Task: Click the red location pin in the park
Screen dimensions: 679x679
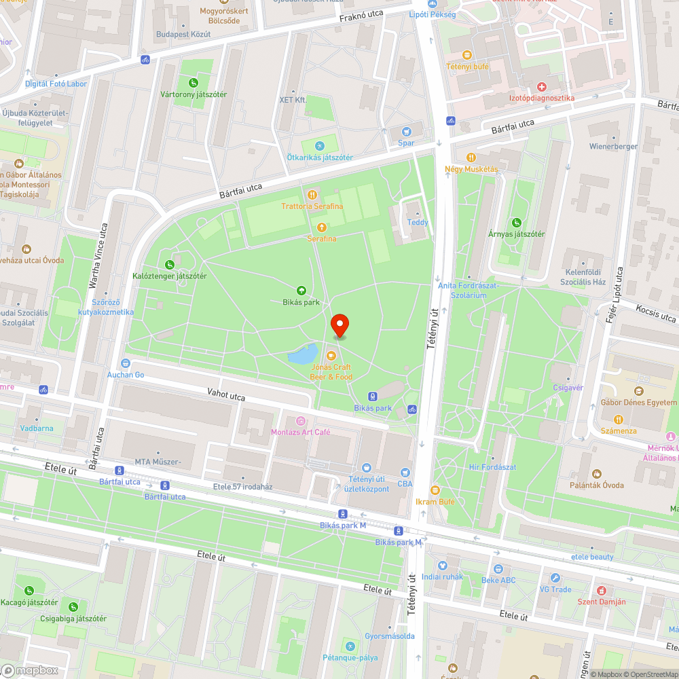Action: tap(339, 325)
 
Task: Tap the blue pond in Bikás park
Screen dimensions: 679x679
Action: tap(303, 354)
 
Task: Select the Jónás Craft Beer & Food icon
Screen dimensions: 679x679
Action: tap(331, 356)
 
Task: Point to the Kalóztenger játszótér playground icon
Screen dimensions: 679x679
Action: tap(169, 264)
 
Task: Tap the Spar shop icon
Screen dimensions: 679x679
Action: tap(406, 132)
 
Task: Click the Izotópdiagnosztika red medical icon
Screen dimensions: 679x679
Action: tap(542, 87)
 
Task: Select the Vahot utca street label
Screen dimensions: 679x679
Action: tap(226, 395)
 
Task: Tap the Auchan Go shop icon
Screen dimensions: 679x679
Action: tap(125, 363)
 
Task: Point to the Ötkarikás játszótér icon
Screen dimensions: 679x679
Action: tap(320, 146)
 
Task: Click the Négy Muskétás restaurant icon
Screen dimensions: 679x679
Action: tap(471, 158)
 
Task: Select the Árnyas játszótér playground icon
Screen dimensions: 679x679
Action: tap(517, 223)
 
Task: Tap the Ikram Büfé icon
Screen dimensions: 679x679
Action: tap(435, 490)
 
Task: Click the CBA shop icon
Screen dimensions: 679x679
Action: tap(405, 473)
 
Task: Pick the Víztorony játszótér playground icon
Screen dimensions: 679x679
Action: tap(194, 83)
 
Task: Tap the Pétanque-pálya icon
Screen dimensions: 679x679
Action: tap(350, 646)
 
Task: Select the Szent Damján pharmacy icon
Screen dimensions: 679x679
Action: tap(600, 590)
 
